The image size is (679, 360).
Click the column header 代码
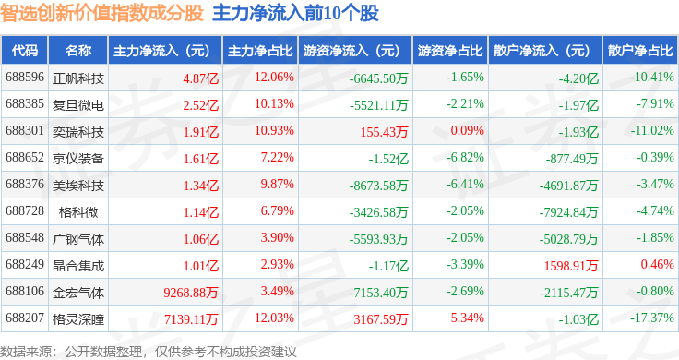pyautogui.click(x=25, y=51)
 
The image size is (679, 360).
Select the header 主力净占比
pyautogui.click(x=260, y=51)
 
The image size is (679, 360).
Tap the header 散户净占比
pyautogui.click(x=640, y=51)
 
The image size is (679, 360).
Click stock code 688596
pyautogui.click(x=25, y=78)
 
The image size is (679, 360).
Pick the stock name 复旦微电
pyautogui.click(x=78, y=105)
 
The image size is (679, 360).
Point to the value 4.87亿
pyautogui.click(x=201, y=78)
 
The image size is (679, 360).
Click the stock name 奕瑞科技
pyautogui.click(x=78, y=132)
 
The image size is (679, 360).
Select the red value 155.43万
pyautogui.click(x=384, y=132)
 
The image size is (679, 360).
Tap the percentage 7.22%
pyautogui.click(x=277, y=157)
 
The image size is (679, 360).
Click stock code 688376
pyautogui.click(x=25, y=184)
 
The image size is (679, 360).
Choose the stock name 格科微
pyautogui.click(x=78, y=212)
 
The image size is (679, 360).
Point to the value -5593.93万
pyautogui.click(x=379, y=239)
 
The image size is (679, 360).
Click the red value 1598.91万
pyautogui.click(x=571, y=266)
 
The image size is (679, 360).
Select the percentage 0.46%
pyautogui.click(x=658, y=264)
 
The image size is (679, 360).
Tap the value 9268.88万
pyautogui.click(x=191, y=293)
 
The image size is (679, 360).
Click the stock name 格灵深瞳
pyautogui.click(x=78, y=319)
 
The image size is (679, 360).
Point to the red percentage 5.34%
pyautogui.click(x=467, y=318)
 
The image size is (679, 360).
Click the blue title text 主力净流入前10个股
pyautogui.click(x=296, y=13)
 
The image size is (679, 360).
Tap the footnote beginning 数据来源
pyautogui.click(x=149, y=352)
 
